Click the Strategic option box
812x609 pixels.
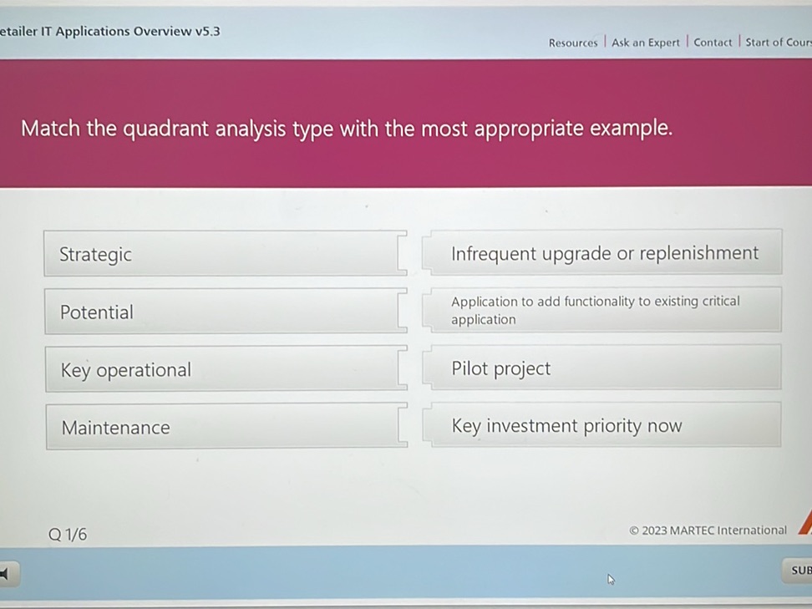coord(221,254)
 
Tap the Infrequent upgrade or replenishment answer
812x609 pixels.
coord(606,253)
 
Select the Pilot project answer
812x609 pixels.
coord(606,368)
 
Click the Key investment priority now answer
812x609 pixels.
coord(606,426)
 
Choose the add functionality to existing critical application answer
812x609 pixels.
coord(606,310)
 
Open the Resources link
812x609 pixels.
coord(573,43)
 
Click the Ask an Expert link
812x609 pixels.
coord(645,43)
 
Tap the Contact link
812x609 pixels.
coord(713,43)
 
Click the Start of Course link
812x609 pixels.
coord(778,43)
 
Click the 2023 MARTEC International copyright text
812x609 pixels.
coord(708,530)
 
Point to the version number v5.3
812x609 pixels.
coord(208,32)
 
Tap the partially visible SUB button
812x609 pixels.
coord(799,570)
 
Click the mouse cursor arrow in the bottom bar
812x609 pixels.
coord(611,579)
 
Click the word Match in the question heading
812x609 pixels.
coord(49,129)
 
